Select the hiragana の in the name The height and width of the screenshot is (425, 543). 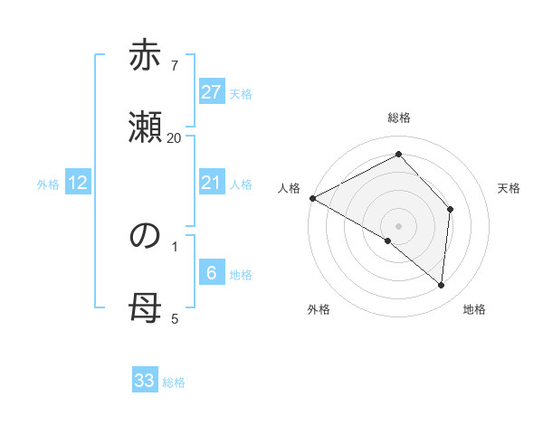click(x=145, y=236)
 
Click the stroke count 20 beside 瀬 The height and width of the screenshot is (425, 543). click(x=174, y=137)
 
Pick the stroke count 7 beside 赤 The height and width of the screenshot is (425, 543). click(x=174, y=65)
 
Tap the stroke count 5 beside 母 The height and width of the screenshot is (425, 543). click(x=174, y=318)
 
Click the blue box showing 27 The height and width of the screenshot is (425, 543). click(x=212, y=92)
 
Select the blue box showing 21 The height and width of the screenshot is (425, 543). click(x=212, y=184)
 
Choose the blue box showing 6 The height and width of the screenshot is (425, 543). click(x=212, y=273)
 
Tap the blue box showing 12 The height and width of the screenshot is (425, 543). click(x=79, y=184)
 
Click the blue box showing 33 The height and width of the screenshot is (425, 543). click(x=145, y=381)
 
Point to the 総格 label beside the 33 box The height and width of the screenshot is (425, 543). click(x=174, y=383)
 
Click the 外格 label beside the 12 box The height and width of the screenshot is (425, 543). click(x=48, y=184)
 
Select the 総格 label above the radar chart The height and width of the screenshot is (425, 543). click(x=399, y=118)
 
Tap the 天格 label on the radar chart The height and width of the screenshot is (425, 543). click(x=510, y=188)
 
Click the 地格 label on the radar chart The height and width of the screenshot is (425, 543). click(x=474, y=309)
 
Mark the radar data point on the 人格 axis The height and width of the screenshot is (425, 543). click(x=312, y=197)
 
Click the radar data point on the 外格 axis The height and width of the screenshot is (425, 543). click(x=388, y=241)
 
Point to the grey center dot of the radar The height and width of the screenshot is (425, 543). click(x=399, y=225)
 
